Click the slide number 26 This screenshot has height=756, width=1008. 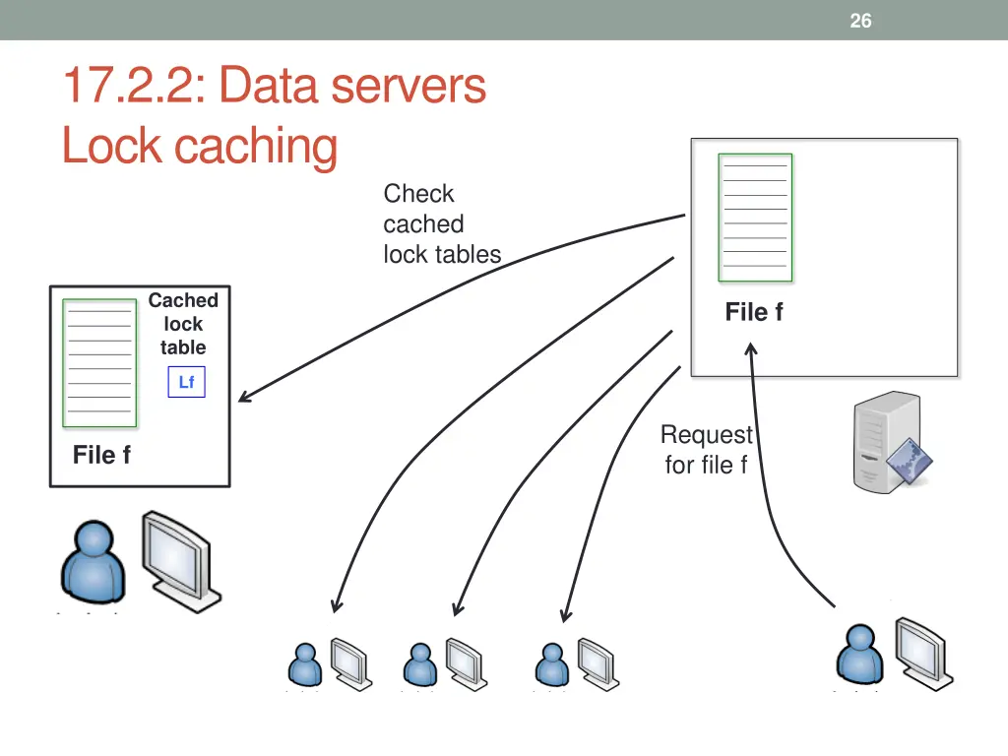pyautogui.click(x=860, y=21)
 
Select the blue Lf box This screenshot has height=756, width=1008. pyautogui.click(x=186, y=382)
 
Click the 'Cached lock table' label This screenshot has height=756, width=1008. pyautogui.click(x=183, y=324)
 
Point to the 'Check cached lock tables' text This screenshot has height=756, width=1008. pyautogui.click(x=441, y=224)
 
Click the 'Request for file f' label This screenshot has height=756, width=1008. pyautogui.click(x=706, y=450)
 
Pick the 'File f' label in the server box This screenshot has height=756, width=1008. pyautogui.click(x=754, y=312)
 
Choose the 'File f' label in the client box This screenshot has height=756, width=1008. pyautogui.click(x=101, y=455)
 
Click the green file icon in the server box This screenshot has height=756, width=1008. pyautogui.click(x=755, y=218)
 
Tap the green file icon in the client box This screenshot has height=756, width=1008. pyautogui.click(x=99, y=363)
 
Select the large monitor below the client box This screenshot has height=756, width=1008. pyautogui.click(x=181, y=558)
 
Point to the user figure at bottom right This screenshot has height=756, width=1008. pyautogui.click(x=859, y=654)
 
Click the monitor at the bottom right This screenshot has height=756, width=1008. pyautogui.click(x=923, y=652)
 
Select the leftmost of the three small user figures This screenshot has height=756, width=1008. pyautogui.click(x=305, y=664)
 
